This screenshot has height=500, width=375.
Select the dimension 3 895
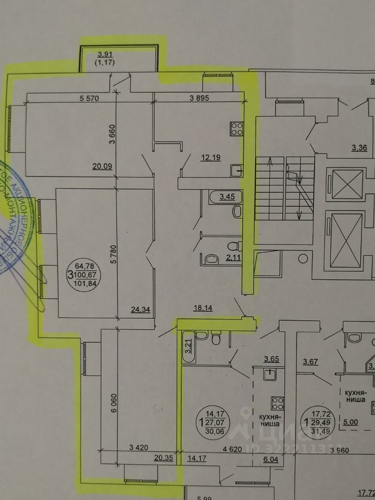tap(199, 98)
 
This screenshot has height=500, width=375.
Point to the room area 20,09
tap(102, 167)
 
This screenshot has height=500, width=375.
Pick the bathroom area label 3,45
tap(228, 197)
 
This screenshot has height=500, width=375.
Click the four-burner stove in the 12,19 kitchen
tap(236, 128)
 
